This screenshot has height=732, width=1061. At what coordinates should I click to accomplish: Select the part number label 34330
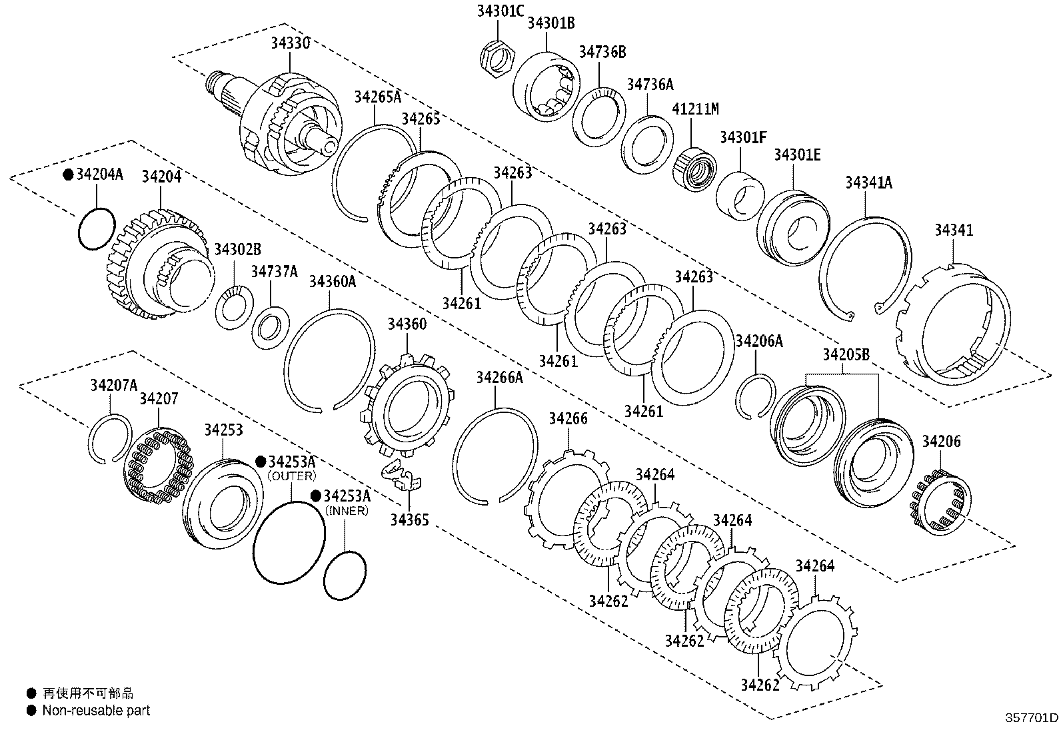[x=290, y=43]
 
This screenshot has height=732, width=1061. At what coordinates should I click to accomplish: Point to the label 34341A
[x=868, y=183]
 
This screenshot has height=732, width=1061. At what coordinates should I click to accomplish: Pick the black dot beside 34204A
[x=68, y=175]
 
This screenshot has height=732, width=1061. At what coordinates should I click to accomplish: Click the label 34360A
[x=332, y=282]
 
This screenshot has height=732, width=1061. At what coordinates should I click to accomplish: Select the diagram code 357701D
[x=1032, y=718]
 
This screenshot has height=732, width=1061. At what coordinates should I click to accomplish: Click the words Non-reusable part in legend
[x=96, y=711]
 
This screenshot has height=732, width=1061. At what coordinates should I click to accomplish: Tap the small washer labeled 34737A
[x=271, y=327]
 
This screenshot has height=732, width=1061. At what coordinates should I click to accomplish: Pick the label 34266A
[x=500, y=378]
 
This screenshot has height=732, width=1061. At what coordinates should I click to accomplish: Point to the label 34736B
[x=602, y=52]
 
